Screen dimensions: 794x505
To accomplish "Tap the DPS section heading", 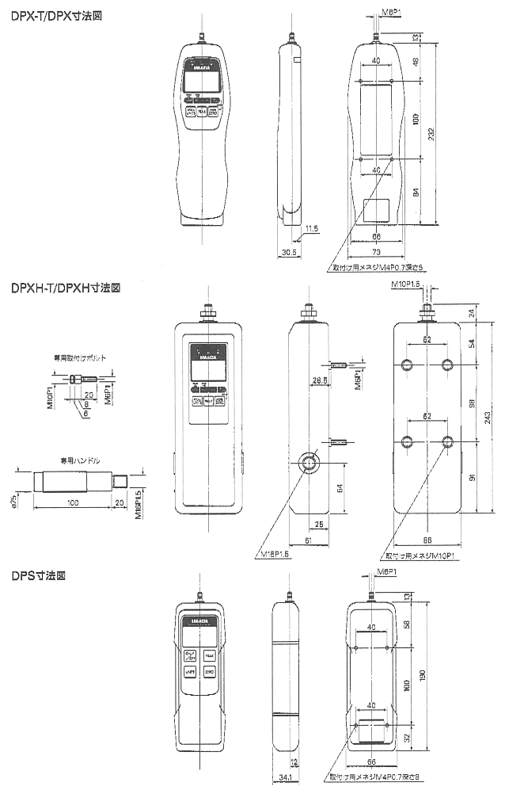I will click(38, 575).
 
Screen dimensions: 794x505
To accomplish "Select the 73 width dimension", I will click(377, 250).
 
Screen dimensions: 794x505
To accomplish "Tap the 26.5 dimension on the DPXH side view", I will click(321, 380).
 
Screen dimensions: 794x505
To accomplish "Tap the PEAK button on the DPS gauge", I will click(209, 655).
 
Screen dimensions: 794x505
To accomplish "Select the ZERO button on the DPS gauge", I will click(209, 673).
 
